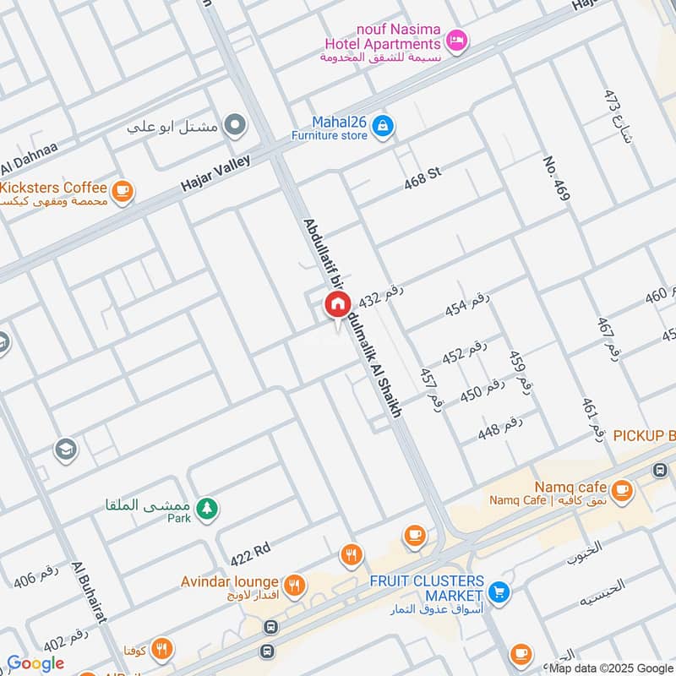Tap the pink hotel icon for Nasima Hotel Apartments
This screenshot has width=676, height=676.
(x=456, y=41)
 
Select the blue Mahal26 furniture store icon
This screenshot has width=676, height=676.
(x=384, y=126)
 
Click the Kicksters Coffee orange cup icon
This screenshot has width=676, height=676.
(x=123, y=191)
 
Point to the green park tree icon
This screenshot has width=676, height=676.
(x=205, y=509)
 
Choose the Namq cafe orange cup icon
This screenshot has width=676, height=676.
(x=622, y=489)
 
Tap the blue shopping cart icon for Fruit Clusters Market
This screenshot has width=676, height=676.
(x=499, y=591)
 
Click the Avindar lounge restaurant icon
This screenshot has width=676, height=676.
(x=294, y=583)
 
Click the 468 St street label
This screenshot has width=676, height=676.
(x=422, y=177)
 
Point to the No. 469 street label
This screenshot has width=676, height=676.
(x=558, y=178)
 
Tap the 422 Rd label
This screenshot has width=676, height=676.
(x=250, y=553)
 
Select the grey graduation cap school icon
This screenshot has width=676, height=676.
(x=65, y=450)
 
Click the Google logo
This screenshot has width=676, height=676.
(x=35, y=663)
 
